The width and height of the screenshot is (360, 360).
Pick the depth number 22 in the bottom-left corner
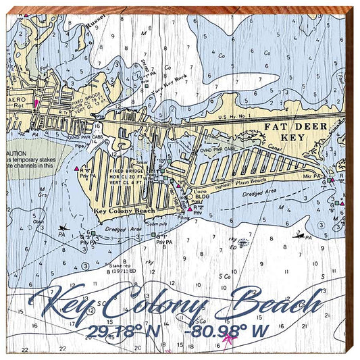point(25,349)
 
